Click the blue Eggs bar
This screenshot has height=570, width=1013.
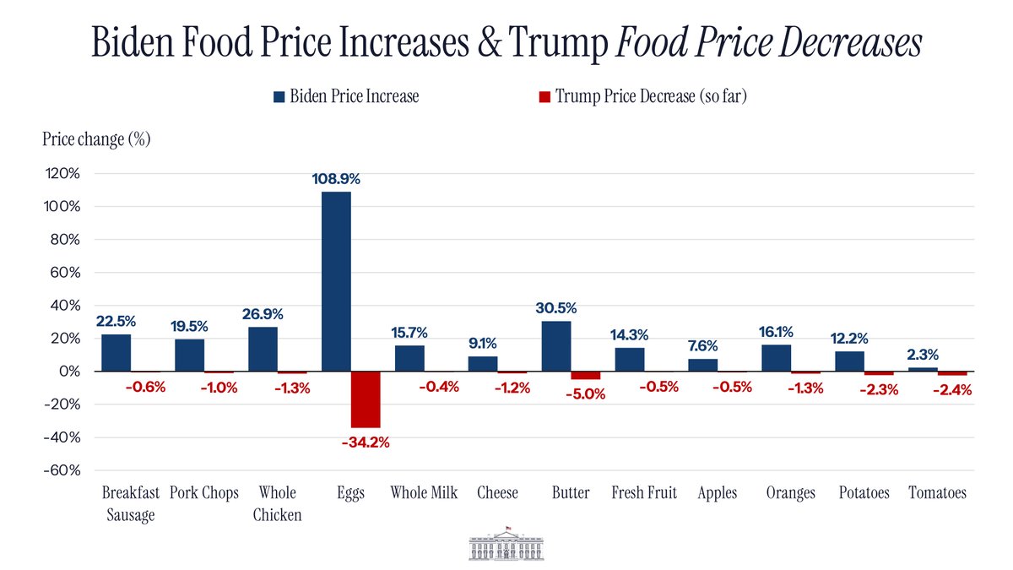tap(336, 281)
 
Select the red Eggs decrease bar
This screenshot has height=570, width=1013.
tap(366, 399)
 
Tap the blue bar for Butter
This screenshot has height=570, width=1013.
tap(556, 346)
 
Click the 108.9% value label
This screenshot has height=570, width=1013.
tap(336, 179)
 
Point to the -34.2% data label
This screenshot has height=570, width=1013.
tap(366, 442)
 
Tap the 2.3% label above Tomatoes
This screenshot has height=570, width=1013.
tap(923, 356)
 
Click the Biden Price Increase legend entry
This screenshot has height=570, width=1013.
tap(345, 96)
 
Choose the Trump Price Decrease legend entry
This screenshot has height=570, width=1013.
tap(642, 96)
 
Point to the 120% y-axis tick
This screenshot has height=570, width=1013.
tap(62, 174)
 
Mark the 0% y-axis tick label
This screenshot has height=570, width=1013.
tap(69, 372)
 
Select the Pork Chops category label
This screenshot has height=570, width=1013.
tap(204, 493)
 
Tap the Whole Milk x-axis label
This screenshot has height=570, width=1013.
tap(424, 493)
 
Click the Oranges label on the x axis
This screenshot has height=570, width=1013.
tap(790, 493)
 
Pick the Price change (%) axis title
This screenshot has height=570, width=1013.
tap(96, 139)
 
